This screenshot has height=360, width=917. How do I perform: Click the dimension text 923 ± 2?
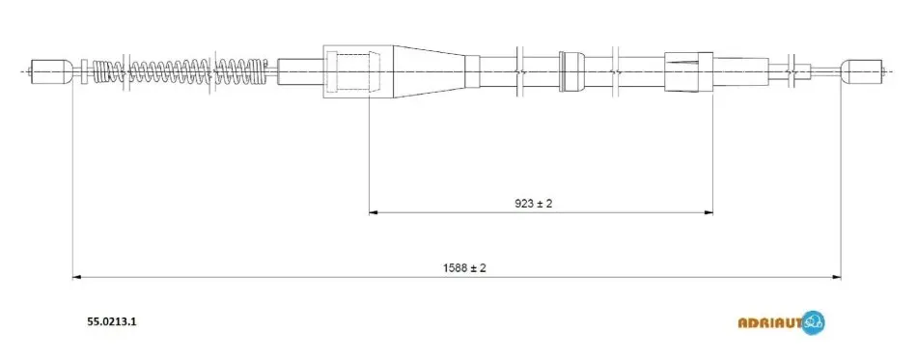pyautogui.click(x=534, y=204)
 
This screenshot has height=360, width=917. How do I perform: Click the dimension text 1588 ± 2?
pyautogui.click(x=465, y=268)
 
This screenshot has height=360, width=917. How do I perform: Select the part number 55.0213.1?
pyautogui.click(x=112, y=321)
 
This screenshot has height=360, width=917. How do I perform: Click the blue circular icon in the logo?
pyautogui.click(x=814, y=322)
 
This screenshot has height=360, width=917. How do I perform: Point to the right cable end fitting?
pyautogui.click(x=862, y=71)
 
